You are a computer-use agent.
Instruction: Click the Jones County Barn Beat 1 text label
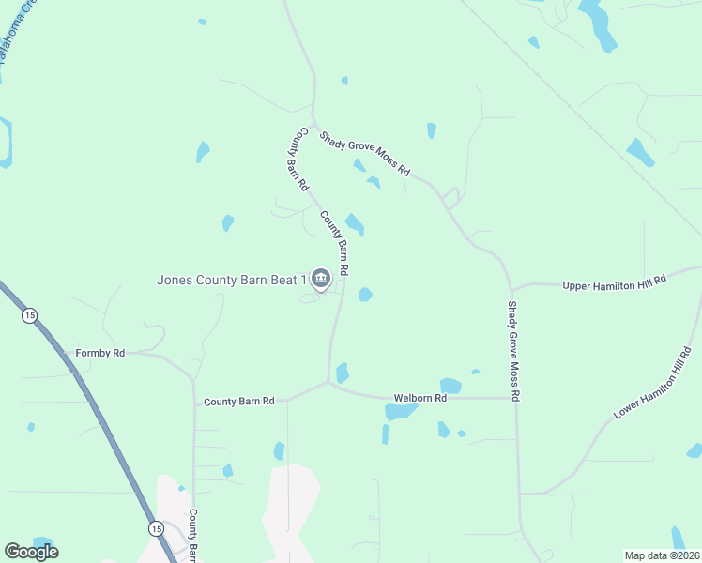click(x=232, y=280)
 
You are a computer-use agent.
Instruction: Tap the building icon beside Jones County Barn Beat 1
click(x=321, y=279)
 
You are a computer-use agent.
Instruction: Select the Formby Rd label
click(x=99, y=353)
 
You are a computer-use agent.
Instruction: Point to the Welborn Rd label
click(x=420, y=398)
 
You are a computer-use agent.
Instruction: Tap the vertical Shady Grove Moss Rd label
click(x=513, y=352)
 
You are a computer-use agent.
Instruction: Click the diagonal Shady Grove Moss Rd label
click(x=364, y=154)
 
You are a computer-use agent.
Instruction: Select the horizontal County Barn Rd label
click(x=239, y=401)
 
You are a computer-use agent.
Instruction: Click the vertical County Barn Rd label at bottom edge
click(x=192, y=537)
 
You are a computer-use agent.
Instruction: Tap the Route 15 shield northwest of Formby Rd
click(x=30, y=316)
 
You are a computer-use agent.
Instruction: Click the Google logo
click(x=31, y=552)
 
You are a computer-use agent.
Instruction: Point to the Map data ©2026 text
click(x=661, y=555)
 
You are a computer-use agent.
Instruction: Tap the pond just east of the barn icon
click(x=364, y=295)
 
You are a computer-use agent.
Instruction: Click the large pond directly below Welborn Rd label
click(x=400, y=412)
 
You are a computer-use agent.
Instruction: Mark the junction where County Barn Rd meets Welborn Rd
click(x=328, y=383)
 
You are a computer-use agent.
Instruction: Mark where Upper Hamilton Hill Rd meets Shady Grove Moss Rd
click(x=511, y=288)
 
